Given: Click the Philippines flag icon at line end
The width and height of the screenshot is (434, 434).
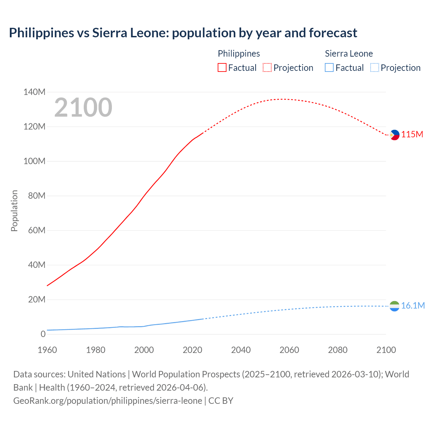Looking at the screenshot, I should (x=394, y=135).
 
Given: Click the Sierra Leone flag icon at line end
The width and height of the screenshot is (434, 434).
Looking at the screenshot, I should (x=394, y=306).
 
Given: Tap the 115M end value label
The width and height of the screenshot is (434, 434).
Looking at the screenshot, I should (x=412, y=135).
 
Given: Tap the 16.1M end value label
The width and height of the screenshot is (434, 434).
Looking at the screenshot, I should (x=413, y=306).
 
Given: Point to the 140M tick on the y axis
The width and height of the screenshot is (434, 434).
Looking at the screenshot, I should (x=34, y=92).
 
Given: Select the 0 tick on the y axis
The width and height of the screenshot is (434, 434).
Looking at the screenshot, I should (x=43, y=334).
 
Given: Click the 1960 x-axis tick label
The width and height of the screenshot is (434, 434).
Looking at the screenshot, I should (x=47, y=350).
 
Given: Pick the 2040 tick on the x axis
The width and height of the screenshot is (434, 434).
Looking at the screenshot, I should (x=241, y=350).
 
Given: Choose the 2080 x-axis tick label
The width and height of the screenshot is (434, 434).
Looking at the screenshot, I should (x=338, y=350).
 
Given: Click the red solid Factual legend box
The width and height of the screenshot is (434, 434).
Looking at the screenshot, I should (x=222, y=68).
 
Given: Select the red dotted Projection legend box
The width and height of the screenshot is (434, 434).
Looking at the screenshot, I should (x=267, y=68).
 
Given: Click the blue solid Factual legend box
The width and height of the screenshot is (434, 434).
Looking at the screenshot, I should (x=329, y=68).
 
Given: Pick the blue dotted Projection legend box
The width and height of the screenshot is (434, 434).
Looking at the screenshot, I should (x=374, y=68).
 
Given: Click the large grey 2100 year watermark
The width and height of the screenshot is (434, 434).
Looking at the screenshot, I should (x=83, y=107).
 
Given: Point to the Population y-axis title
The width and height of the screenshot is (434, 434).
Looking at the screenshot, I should (x=14, y=211).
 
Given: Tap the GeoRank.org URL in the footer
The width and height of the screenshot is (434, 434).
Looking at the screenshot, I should (x=107, y=401).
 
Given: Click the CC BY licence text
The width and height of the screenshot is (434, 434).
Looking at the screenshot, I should (x=221, y=401).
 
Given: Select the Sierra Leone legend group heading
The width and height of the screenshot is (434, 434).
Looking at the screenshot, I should (x=349, y=54).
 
